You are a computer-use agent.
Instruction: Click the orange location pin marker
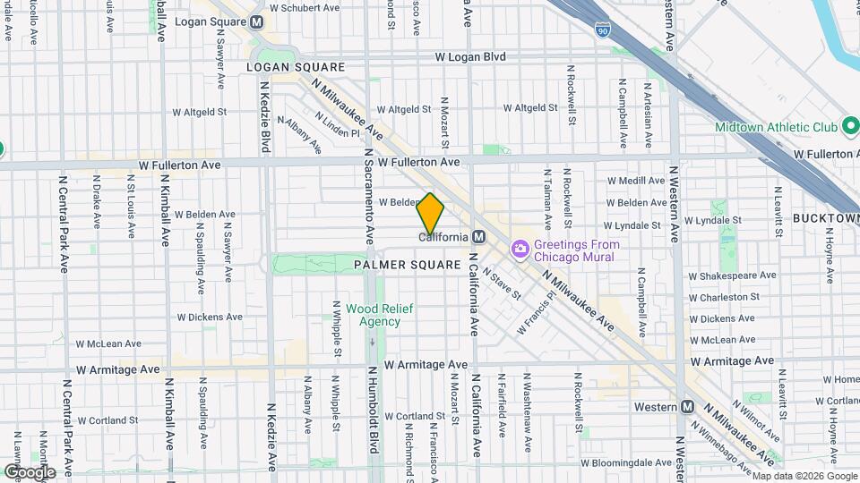coord(431,214)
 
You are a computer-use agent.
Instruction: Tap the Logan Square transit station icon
coord(258,21)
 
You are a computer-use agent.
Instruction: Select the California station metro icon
coord(479,237)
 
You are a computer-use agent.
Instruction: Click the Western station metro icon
coord(688,407)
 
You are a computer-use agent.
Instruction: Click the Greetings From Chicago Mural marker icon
coord(520,250)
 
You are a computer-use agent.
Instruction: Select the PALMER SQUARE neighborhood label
coord(406,265)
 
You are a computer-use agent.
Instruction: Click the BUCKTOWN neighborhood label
coord(825,218)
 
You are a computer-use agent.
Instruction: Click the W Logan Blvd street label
coord(470,56)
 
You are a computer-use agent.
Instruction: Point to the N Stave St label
coord(501,283)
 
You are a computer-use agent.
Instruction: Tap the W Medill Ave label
coord(635,180)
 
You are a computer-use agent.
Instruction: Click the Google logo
coord(30,472)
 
